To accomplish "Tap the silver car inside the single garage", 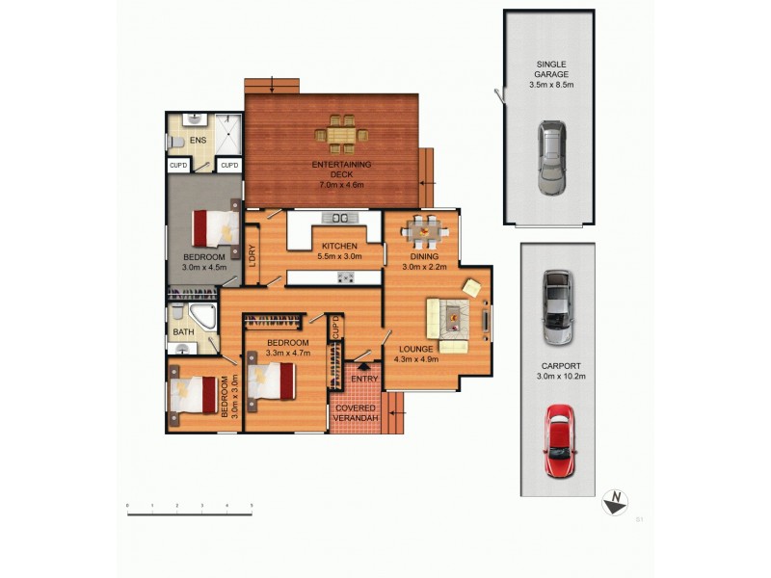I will click(x=550, y=158).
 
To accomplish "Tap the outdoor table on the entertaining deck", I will click(x=340, y=134).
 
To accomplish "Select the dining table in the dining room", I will click(x=423, y=232).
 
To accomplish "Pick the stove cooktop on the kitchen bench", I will click(x=344, y=277).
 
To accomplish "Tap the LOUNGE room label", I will click(x=416, y=355).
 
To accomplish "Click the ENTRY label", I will click(x=364, y=379).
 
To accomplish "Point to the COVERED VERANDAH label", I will click(x=356, y=415).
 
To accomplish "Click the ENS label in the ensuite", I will click(x=199, y=141).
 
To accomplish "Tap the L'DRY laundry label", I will click(x=252, y=255).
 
